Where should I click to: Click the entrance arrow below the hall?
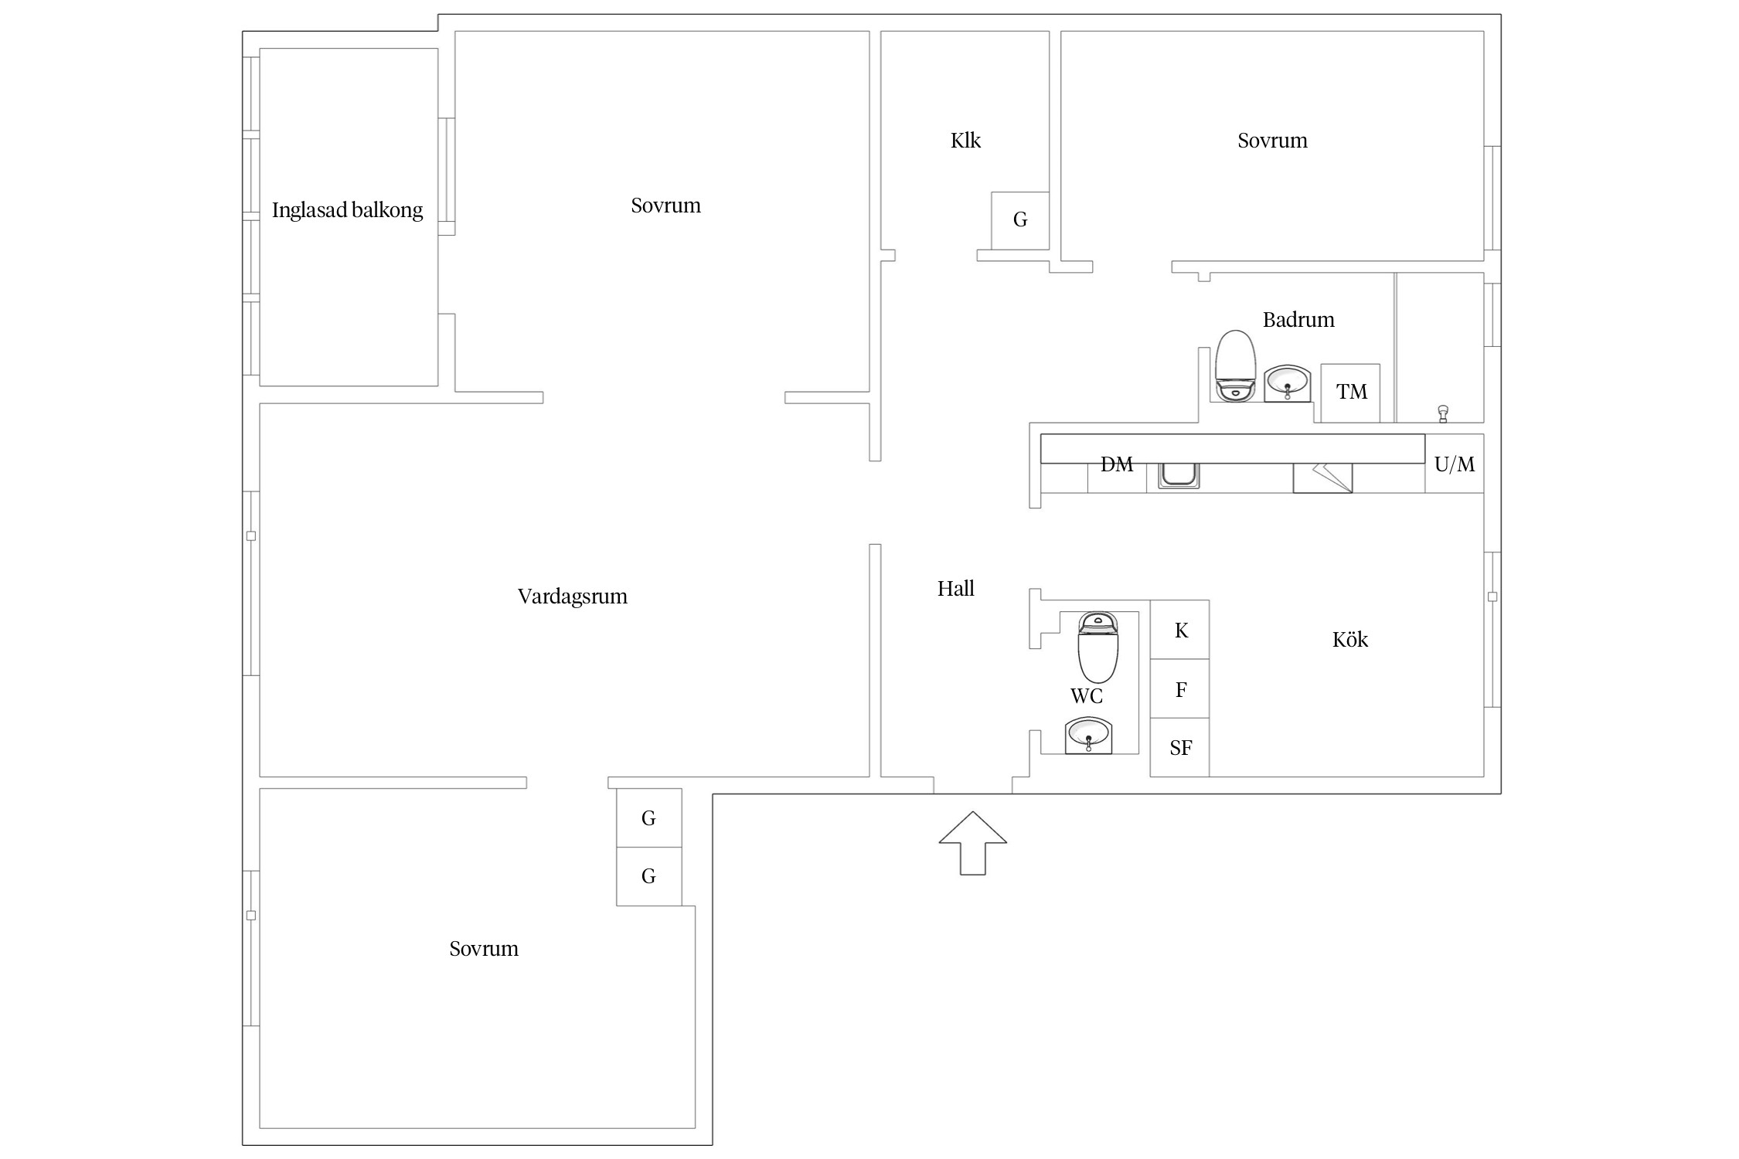click(972, 844)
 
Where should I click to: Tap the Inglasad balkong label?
click(347, 210)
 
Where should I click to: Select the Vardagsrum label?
click(573, 596)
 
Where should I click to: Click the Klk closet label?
click(965, 141)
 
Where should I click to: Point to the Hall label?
click(955, 589)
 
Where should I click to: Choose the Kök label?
click(1350, 639)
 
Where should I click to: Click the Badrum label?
click(1298, 320)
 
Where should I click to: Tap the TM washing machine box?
click(1350, 393)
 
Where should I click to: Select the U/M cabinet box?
click(1455, 464)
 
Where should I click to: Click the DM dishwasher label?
click(1117, 464)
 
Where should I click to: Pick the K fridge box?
click(1180, 630)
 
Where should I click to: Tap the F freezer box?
click(1180, 688)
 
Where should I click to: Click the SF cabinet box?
click(1180, 747)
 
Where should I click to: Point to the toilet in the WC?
click(1098, 647)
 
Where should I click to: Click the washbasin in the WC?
click(1088, 735)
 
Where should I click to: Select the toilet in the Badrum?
click(1234, 366)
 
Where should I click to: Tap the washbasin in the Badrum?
click(1287, 383)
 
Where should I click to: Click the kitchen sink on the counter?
click(1179, 475)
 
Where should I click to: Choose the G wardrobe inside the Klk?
click(1020, 220)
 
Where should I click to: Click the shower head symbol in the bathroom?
click(1442, 414)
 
